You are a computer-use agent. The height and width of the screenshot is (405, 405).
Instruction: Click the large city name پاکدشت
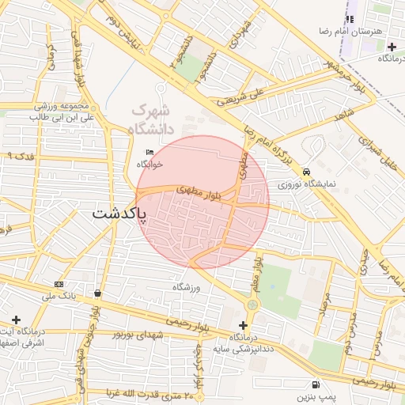pos(119,214)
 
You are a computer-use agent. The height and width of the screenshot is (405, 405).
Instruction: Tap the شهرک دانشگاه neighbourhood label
pos(150,119)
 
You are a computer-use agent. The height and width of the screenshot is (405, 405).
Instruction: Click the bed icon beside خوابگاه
pos(150,152)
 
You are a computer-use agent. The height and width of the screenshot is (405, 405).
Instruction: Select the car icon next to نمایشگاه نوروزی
pos(306,170)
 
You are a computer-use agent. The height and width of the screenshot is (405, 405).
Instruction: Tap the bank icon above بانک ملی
pos(59,283)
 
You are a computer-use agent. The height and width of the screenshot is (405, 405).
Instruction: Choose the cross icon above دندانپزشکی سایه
pos(243,325)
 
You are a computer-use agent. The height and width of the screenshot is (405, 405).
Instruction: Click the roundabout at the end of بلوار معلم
pos(252,304)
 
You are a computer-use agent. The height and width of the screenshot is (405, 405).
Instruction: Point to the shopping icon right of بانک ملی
pos(97,293)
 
